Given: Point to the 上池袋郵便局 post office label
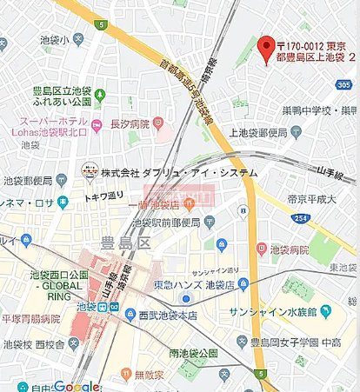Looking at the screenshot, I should (259, 133).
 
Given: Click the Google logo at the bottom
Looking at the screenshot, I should (76, 385).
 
